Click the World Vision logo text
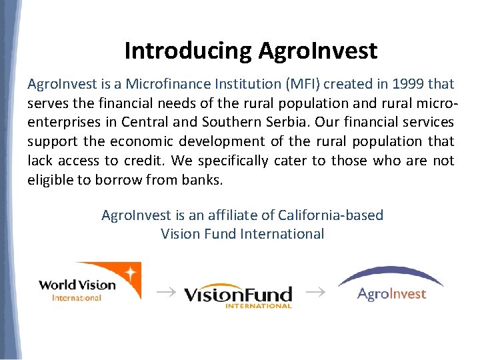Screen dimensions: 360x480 77,285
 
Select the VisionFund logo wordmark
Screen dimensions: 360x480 237,294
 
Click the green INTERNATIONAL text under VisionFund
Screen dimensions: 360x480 259,306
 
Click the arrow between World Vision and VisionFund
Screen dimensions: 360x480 163,291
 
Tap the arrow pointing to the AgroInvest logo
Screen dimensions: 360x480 316,291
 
